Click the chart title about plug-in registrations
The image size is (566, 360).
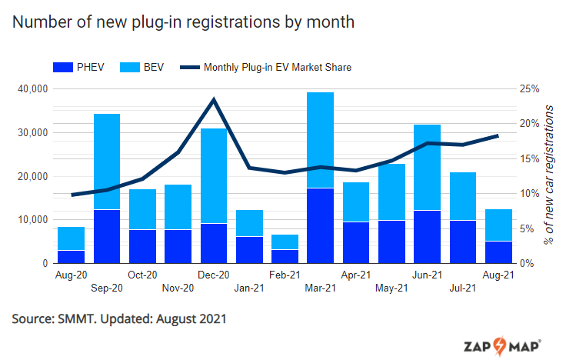(184, 22)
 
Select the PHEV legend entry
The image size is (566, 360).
(80, 68)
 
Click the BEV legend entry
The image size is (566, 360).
(142, 68)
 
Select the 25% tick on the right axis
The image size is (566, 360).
(529, 89)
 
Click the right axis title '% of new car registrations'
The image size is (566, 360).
(549, 175)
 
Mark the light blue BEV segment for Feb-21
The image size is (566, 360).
(285, 242)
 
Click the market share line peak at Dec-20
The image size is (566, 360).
(213, 99)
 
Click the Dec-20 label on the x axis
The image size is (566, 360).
(213, 274)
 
